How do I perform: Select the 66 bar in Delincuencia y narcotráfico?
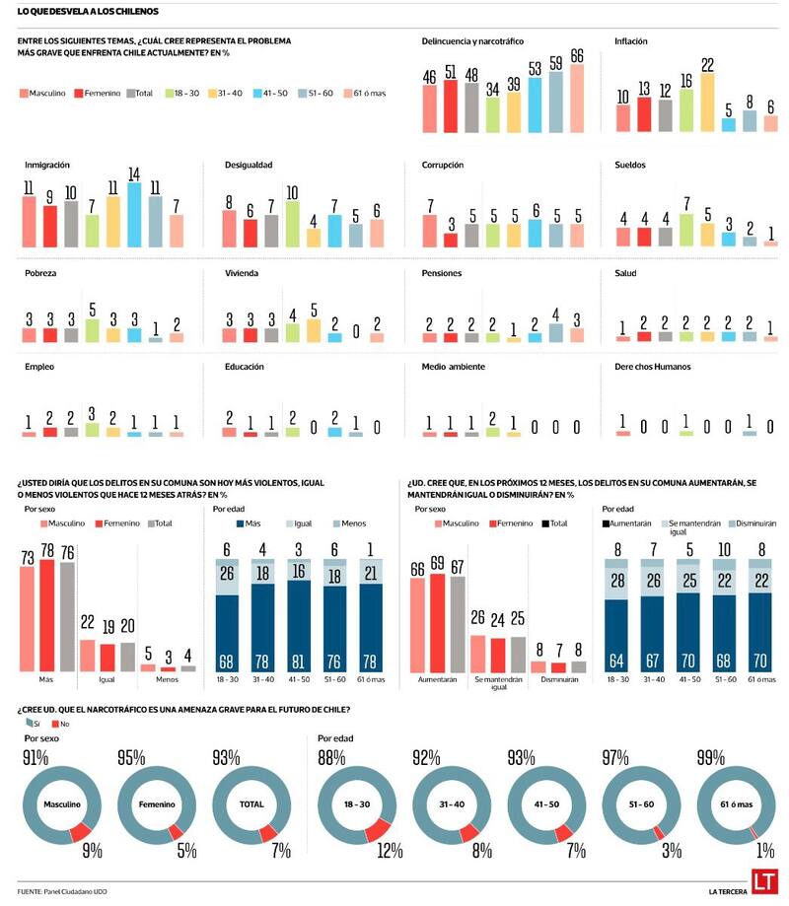coord(577,99)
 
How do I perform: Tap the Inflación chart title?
coord(630,41)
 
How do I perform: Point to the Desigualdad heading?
coord(249,165)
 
